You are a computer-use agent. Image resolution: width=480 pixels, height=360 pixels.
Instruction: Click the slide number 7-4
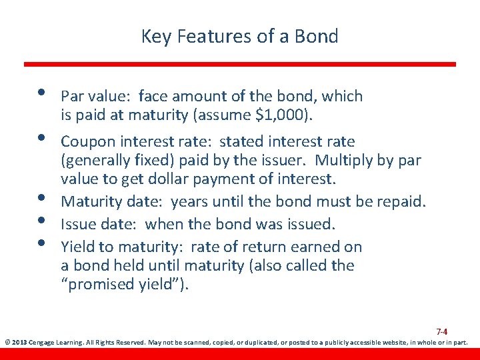pos(441,331)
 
